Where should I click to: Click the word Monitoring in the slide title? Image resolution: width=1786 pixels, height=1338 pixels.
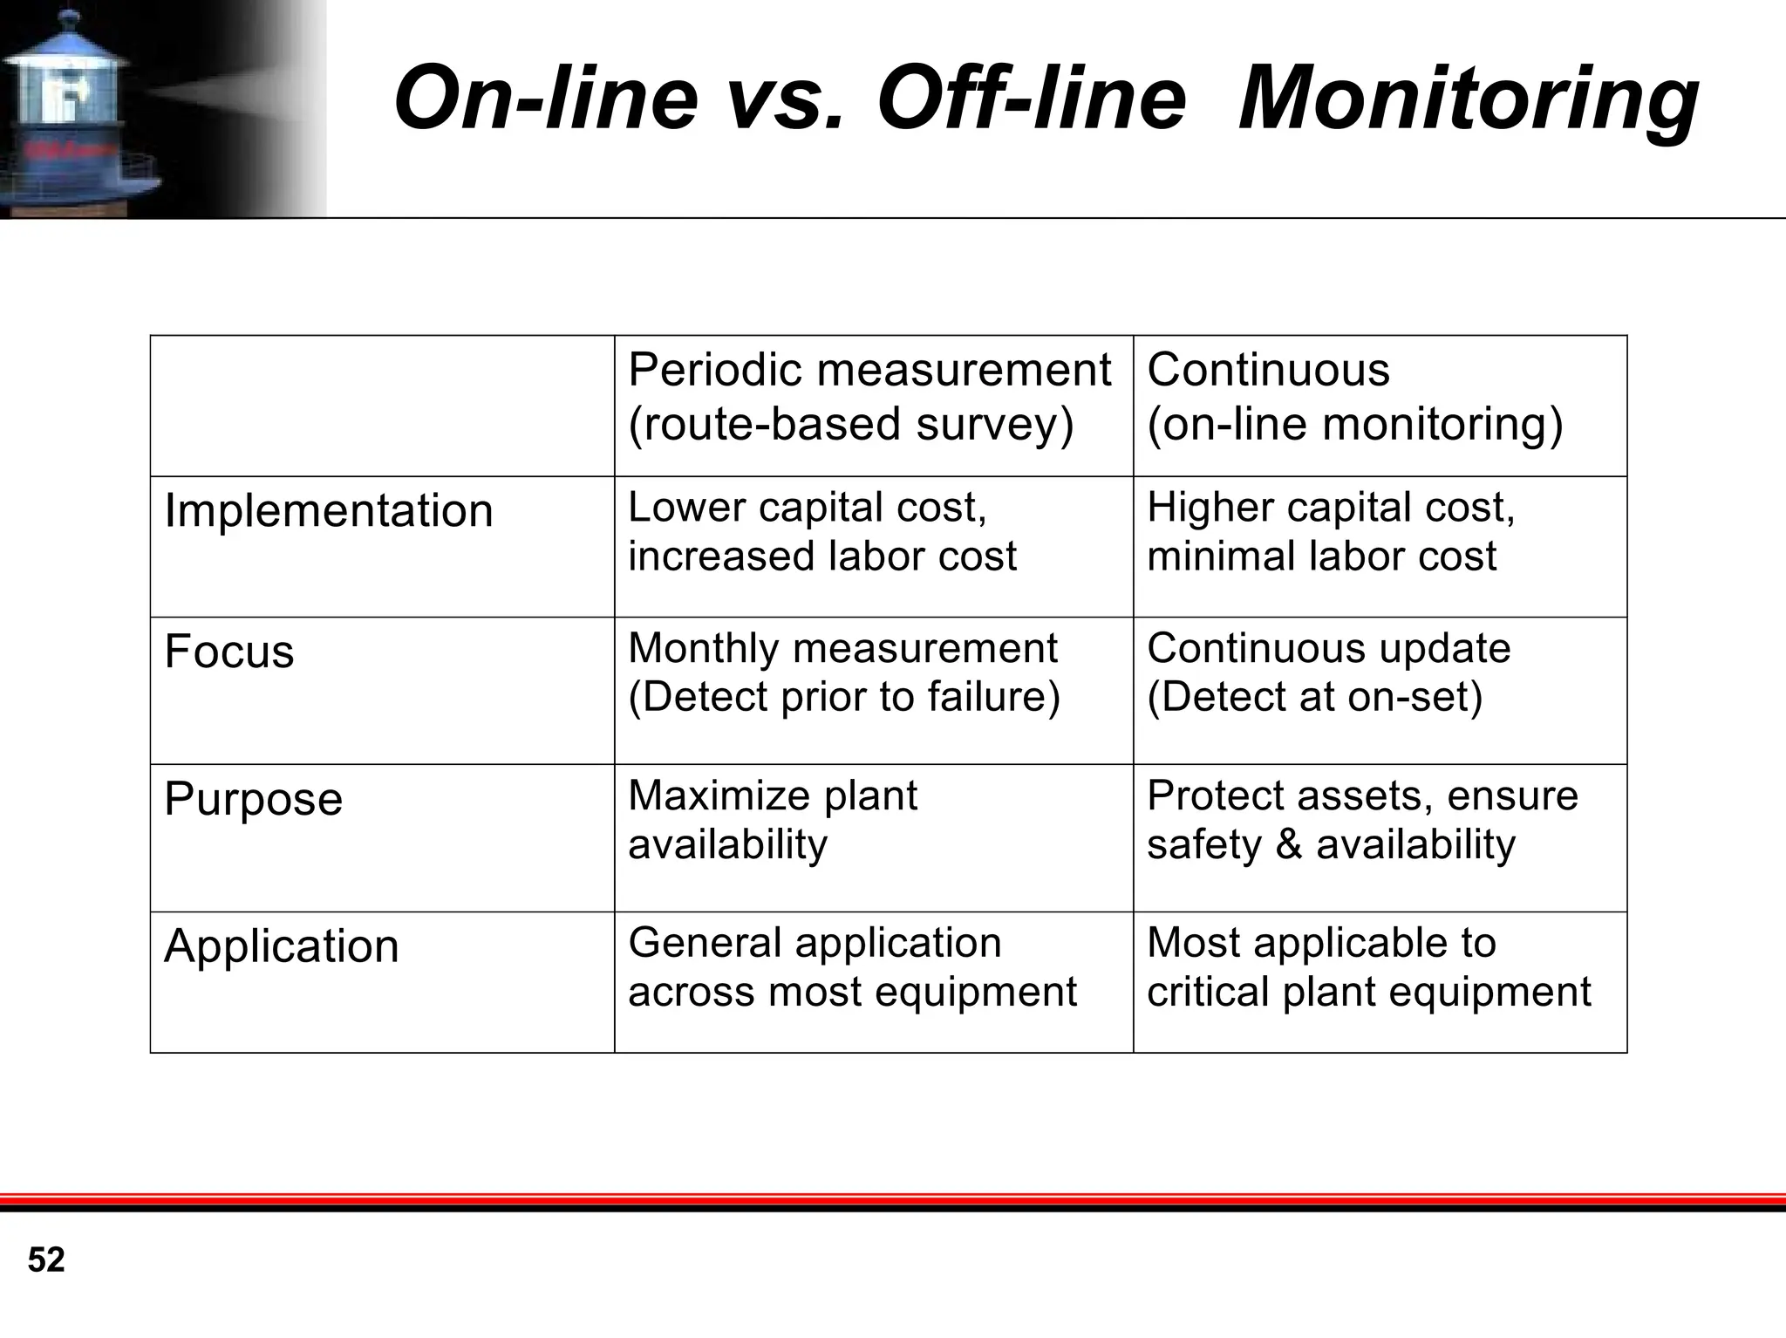click(x=1468, y=98)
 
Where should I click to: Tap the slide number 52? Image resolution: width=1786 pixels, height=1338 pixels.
click(x=46, y=1260)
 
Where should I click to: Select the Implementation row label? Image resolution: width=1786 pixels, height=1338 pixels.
click(x=329, y=510)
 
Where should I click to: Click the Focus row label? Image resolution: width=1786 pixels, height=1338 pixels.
click(x=229, y=652)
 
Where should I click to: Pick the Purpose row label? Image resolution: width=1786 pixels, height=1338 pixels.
click(x=253, y=799)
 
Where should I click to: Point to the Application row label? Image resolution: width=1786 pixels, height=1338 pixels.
click(x=281, y=946)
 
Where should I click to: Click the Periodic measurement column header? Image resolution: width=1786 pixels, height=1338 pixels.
click(x=869, y=397)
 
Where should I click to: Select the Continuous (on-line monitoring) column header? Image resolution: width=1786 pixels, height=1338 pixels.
click(x=1354, y=397)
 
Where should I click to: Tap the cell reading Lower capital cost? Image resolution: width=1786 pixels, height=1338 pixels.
click(x=821, y=531)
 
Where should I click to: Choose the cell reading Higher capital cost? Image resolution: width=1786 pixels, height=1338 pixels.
click(x=1331, y=531)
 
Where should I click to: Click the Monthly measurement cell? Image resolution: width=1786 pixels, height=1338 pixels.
click(x=842, y=672)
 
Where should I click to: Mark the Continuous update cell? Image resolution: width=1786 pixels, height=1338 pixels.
click(x=1328, y=672)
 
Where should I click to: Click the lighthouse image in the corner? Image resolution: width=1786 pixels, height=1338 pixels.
click(x=78, y=109)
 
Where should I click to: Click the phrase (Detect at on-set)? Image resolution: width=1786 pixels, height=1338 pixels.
click(x=1314, y=697)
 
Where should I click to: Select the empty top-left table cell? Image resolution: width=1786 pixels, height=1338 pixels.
click(x=382, y=406)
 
